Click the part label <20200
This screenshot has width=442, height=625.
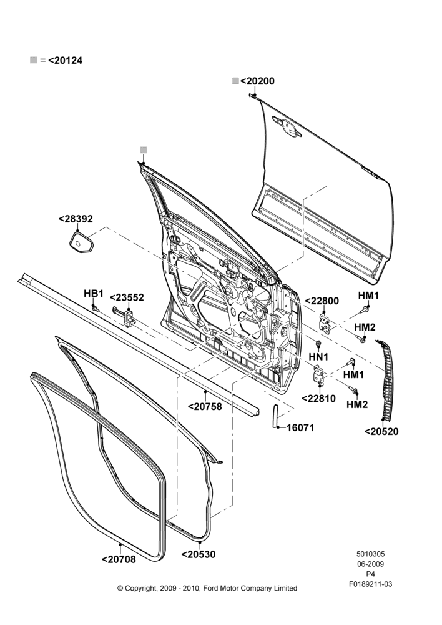point(257,81)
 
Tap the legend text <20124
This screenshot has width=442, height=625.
point(66,61)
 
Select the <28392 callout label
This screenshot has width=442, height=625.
point(76,219)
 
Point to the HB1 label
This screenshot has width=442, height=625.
point(94,294)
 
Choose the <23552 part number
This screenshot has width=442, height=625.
point(127,297)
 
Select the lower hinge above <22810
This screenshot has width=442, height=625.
point(318,374)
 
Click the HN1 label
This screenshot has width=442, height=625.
point(318,357)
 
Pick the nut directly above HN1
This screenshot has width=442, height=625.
point(318,344)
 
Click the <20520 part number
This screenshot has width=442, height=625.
point(381,432)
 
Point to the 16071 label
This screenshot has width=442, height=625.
point(300,427)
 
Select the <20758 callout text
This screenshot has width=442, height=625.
point(205,407)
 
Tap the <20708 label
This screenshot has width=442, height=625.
point(119,559)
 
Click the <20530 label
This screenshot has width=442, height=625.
point(199,554)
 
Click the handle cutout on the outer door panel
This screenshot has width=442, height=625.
point(287,126)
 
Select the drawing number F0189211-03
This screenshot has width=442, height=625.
point(370,584)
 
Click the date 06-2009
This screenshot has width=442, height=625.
point(370,564)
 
